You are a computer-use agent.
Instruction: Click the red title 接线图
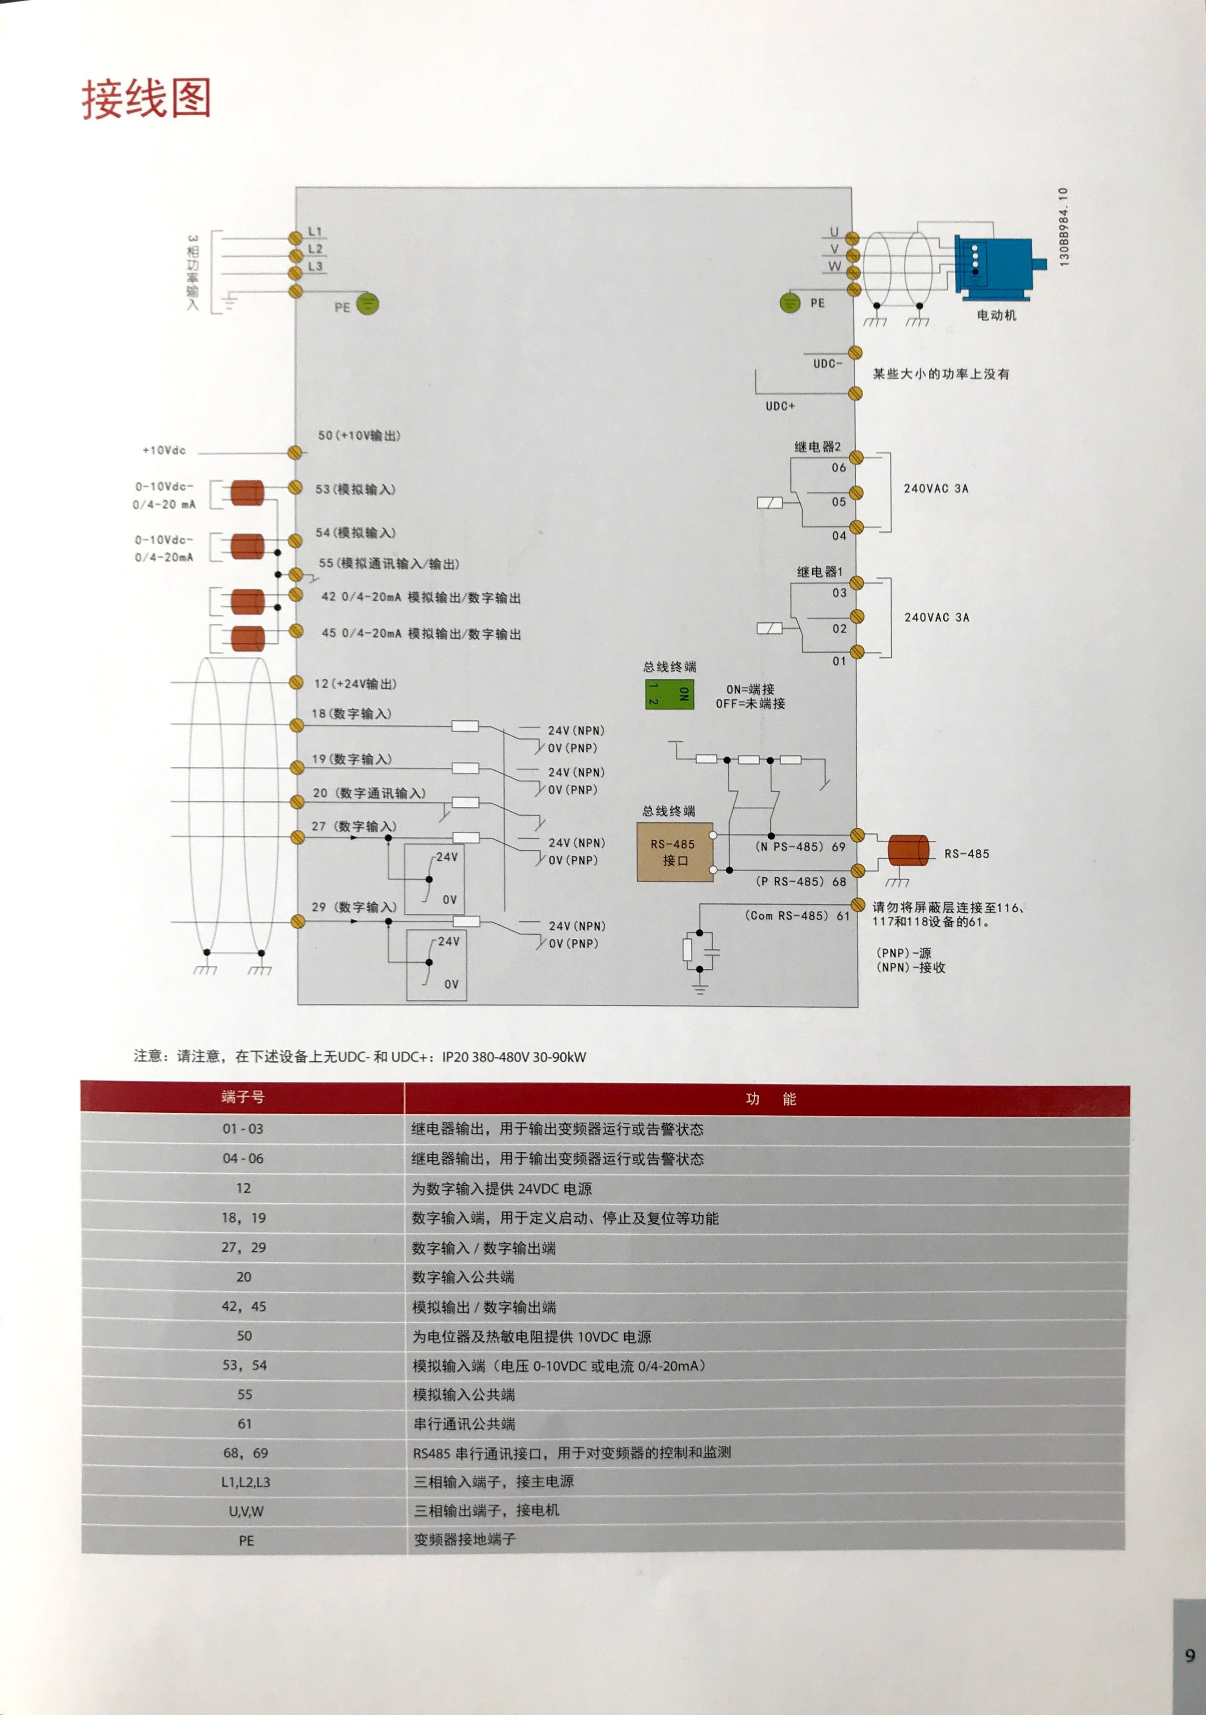(146, 99)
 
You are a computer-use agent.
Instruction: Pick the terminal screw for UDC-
(855, 352)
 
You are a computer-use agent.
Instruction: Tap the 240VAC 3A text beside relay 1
(936, 618)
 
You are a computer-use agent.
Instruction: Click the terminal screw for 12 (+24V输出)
(297, 683)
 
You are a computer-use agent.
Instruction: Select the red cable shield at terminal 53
(247, 493)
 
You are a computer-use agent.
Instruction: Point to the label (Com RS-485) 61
(797, 916)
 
